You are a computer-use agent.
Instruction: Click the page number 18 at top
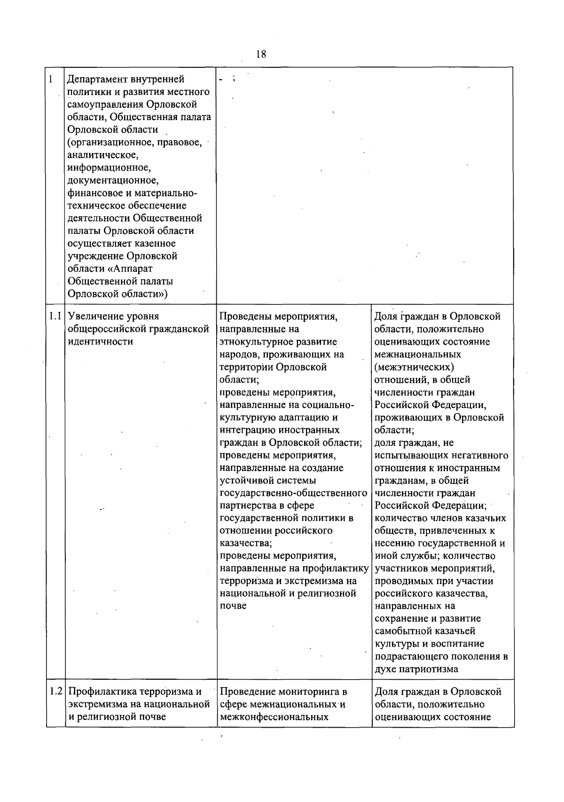click(x=261, y=54)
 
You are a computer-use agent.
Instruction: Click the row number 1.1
click(x=55, y=316)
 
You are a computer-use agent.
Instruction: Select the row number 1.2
click(x=55, y=691)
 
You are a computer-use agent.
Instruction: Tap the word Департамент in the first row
click(x=98, y=79)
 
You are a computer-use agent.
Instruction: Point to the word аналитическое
click(x=103, y=155)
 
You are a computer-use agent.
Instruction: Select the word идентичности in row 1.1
click(x=100, y=342)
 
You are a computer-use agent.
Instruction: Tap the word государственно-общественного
click(x=293, y=493)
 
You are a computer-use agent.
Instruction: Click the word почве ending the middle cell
click(x=233, y=606)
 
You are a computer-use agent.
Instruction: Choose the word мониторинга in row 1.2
click(x=307, y=692)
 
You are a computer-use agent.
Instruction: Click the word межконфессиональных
click(x=274, y=717)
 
